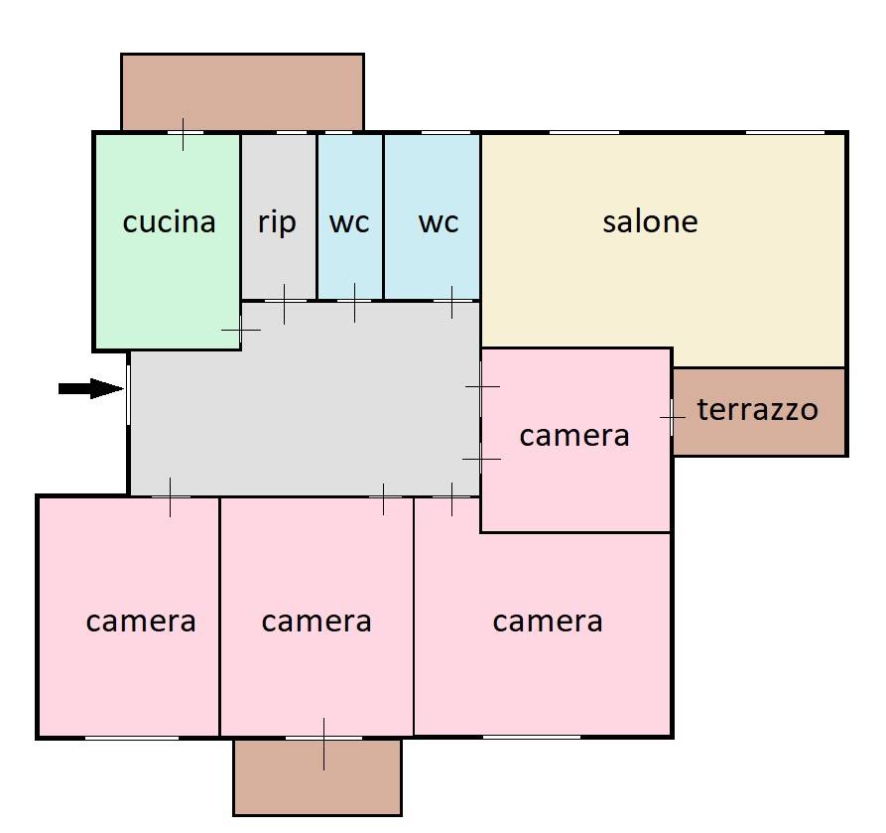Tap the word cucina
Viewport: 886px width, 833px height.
point(169,222)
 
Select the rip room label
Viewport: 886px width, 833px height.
point(277,222)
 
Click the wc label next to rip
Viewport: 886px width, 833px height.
point(349,222)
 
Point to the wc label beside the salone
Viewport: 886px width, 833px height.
point(438,222)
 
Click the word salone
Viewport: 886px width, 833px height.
point(650,221)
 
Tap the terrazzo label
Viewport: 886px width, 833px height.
point(758,409)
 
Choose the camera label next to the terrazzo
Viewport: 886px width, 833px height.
point(574,435)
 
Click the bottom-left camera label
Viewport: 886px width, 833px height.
point(141,622)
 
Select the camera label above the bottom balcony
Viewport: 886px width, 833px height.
point(316,622)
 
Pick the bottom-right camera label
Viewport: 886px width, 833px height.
point(548,622)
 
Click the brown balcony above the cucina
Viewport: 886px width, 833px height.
point(242,91)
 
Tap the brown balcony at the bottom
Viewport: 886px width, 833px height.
point(317,779)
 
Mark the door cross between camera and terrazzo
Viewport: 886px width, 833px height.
point(673,418)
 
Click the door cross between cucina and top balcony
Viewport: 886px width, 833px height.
point(183,133)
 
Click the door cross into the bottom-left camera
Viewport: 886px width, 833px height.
point(170,496)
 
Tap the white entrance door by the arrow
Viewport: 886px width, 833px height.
point(128,389)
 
